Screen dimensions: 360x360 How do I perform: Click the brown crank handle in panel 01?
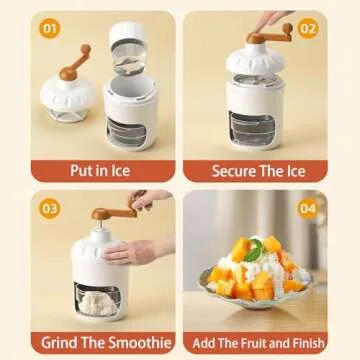(x=72, y=62)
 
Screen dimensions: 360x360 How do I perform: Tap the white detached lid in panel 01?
(x=68, y=96)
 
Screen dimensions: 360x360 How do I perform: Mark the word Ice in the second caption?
(x=295, y=169)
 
